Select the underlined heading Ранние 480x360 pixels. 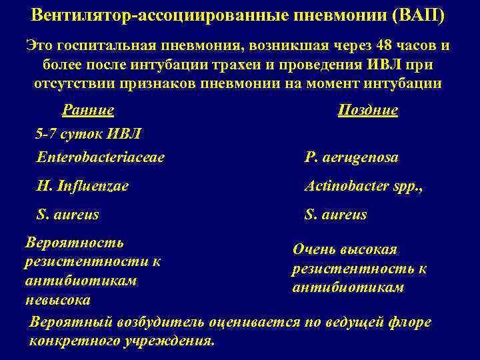[x=88, y=110]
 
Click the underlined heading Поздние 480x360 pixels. [x=368, y=110]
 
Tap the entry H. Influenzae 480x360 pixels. [x=83, y=186]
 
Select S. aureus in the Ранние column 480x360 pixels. [x=69, y=214]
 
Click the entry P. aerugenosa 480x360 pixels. [x=351, y=157]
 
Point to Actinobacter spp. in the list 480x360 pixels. [x=364, y=186]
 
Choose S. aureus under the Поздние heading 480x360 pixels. [x=335, y=215]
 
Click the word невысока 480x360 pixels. [x=59, y=299]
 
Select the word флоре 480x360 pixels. [x=413, y=323]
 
